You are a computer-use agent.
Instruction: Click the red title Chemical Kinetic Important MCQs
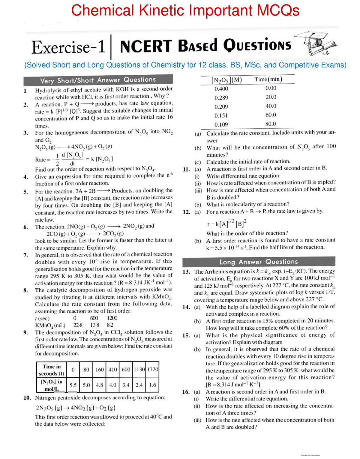point(185,10)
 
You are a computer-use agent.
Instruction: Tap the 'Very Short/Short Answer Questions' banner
point(98,80)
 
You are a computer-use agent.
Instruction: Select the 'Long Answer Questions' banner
point(259,262)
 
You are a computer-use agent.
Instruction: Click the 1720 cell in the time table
point(152,370)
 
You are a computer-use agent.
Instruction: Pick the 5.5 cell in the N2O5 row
point(73,385)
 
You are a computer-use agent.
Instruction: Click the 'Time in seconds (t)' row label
point(52,370)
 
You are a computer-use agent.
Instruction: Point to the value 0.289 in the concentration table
point(221,98)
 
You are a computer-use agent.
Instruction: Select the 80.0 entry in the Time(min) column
point(271,124)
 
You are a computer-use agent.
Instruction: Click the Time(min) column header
point(268,79)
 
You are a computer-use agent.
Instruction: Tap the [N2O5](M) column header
point(226,80)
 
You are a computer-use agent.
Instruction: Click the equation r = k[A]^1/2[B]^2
point(226,223)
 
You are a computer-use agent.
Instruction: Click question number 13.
point(186,272)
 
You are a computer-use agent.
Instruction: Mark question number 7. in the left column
point(26,255)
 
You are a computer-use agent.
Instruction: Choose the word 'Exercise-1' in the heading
point(68,47)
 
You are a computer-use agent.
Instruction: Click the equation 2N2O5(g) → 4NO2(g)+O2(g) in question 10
point(76,408)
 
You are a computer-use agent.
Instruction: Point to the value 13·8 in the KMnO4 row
point(94,325)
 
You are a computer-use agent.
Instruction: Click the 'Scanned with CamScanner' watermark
point(310,455)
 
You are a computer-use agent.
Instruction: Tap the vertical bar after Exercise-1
point(111,47)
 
